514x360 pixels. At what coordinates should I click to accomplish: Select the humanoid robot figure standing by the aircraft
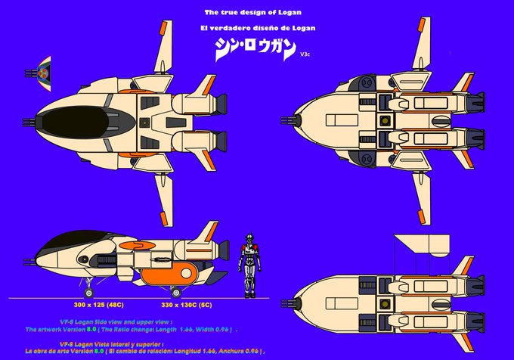(x=246, y=265)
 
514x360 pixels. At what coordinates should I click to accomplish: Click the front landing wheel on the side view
(x=90, y=292)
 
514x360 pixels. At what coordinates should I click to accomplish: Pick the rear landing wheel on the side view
(x=176, y=292)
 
